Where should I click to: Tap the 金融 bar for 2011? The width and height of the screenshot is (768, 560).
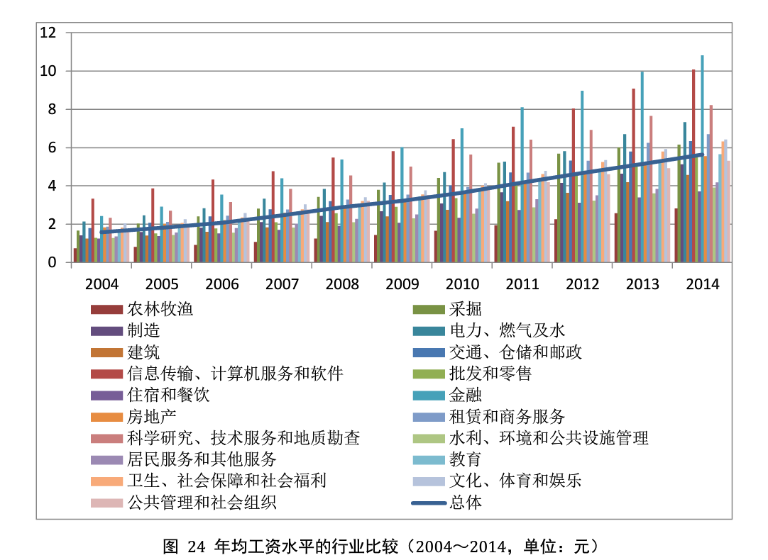(x=522, y=184)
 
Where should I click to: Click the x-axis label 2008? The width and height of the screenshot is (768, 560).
(x=342, y=284)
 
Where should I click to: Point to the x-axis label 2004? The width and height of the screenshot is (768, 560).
(x=102, y=284)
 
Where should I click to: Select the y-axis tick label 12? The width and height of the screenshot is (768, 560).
(x=48, y=33)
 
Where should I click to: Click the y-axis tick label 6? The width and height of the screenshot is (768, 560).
(x=53, y=147)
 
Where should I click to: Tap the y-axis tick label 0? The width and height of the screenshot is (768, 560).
(x=53, y=262)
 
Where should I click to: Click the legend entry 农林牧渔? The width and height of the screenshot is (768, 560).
(x=160, y=310)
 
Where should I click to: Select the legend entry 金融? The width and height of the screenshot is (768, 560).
(x=466, y=395)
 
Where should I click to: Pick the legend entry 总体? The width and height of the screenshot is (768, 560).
(x=466, y=503)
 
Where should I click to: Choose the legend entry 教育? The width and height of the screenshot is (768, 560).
(x=466, y=459)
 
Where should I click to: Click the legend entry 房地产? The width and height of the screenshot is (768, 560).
(x=151, y=416)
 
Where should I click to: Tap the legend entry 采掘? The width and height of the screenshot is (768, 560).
(x=466, y=310)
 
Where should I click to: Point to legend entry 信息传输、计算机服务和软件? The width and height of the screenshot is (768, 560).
(x=235, y=374)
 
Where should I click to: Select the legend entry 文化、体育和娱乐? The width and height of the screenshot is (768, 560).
(x=515, y=481)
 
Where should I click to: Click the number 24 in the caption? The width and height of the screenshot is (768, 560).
(x=197, y=547)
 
